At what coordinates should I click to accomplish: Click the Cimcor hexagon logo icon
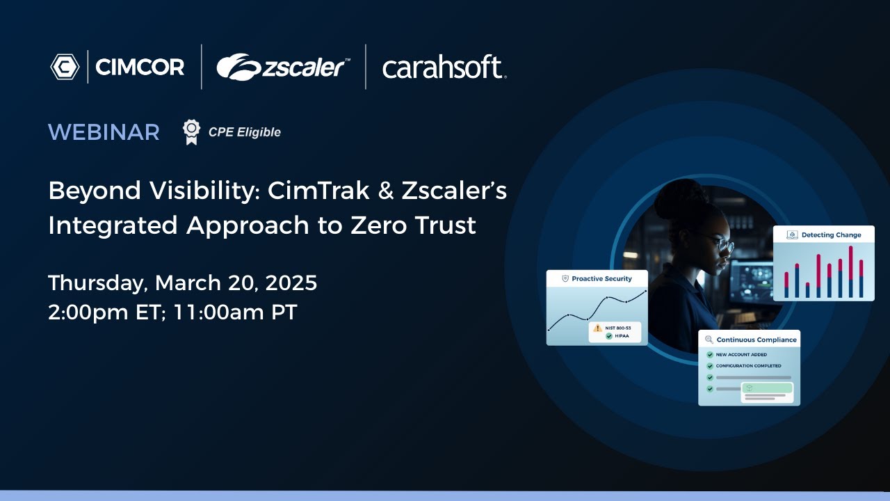[65, 67]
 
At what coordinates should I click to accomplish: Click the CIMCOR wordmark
[140, 67]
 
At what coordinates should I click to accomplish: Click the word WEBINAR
[104, 132]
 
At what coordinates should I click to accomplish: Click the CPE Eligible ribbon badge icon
[191, 132]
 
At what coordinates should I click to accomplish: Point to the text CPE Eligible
[244, 132]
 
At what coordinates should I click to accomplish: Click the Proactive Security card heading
[601, 278]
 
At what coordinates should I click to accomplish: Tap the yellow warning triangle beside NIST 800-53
[597, 328]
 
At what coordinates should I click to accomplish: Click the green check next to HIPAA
[608, 336]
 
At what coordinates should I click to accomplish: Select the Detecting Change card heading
[831, 235]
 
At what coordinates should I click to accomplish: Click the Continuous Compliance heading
[756, 340]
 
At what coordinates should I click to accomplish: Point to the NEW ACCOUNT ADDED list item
[741, 355]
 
